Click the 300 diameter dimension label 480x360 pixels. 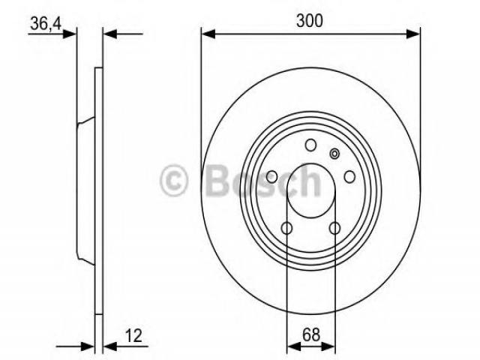pos(309,21)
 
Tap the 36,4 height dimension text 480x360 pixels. pos(46,23)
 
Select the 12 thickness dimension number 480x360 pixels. pos(133,335)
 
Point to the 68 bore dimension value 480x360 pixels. pos(311,335)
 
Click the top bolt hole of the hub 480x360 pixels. pos(310,145)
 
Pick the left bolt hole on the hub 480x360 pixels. pos(271,177)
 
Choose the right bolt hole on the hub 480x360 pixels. pos(349,177)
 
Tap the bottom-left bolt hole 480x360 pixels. pos(286,228)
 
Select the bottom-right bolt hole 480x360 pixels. pos(334,228)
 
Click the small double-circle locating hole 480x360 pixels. pos(334,154)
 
